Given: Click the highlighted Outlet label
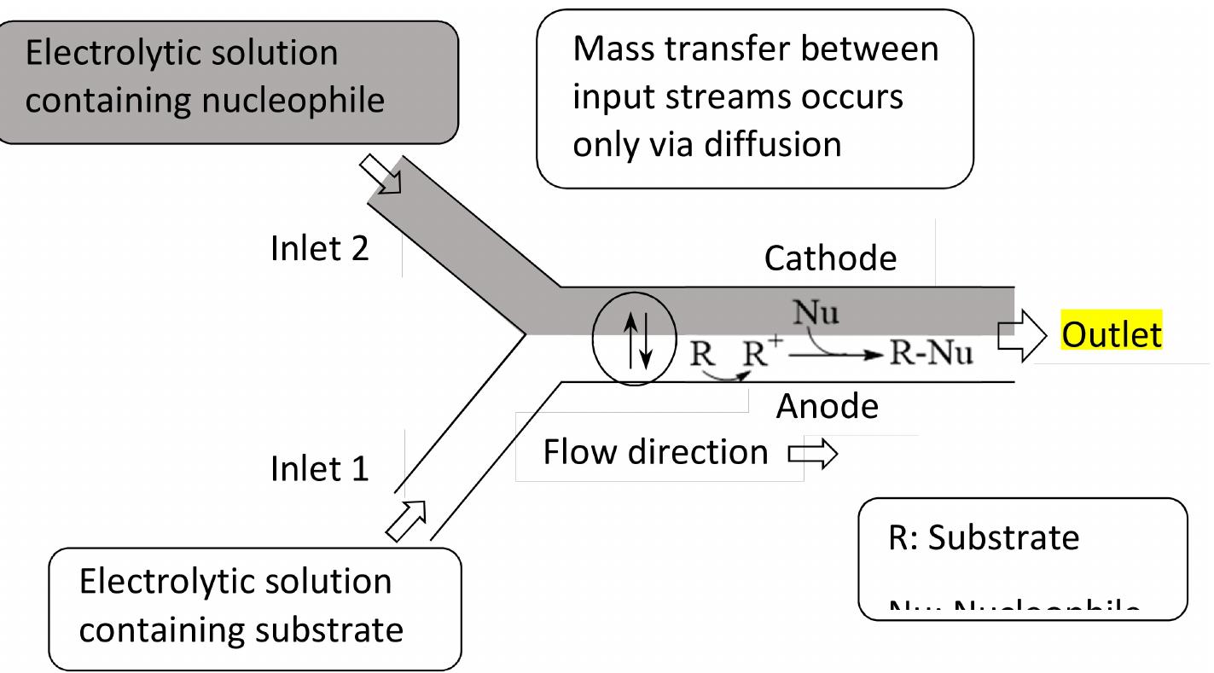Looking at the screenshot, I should pos(1111,334).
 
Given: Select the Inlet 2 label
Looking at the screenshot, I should pos(319,249).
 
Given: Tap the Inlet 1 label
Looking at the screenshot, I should pos(319,468).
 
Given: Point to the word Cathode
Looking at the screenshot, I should pos(830,258).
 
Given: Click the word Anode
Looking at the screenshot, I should pos(826,406).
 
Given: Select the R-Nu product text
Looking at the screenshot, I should pos(931,353).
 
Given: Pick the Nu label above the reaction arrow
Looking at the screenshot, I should pos(816,313).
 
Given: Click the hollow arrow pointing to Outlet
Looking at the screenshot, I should pos(1020,335).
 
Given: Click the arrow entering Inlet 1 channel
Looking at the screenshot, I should pos(406,519).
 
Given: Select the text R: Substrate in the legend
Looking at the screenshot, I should pos(983,537).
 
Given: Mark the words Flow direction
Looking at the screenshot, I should pos(655,451).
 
